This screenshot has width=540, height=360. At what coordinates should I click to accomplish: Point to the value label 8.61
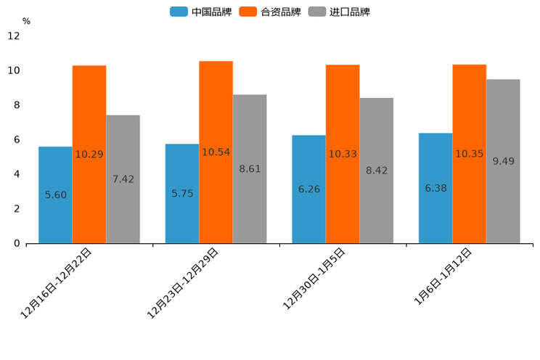[250, 169]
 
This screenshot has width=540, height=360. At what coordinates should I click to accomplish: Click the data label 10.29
[89, 155]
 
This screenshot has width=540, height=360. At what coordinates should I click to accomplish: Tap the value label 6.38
[435, 188]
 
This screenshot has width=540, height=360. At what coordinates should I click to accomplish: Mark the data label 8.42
[377, 171]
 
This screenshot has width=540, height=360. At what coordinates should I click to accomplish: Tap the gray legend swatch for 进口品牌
[316, 12]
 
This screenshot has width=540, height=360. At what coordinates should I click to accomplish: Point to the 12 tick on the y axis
[13, 36]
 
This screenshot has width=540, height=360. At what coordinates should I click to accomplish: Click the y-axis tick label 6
[17, 139]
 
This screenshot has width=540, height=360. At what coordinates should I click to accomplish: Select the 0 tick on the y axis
[17, 243]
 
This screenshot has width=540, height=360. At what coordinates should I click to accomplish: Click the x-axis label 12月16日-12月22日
[57, 283]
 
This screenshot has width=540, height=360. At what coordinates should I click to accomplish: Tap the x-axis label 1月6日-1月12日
[443, 277]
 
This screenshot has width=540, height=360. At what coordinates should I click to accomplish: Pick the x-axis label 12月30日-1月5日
[314, 279]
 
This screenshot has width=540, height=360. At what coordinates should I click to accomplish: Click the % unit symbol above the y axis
[26, 21]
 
